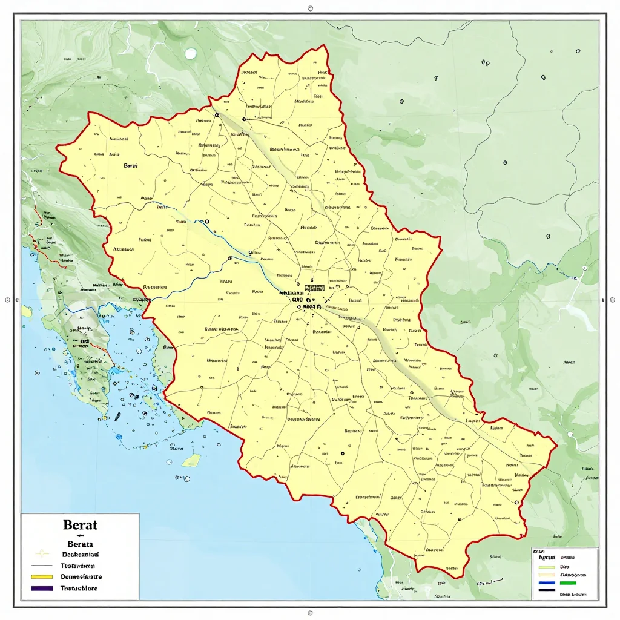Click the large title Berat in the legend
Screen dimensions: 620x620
tap(80, 525)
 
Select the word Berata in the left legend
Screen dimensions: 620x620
tap(81, 544)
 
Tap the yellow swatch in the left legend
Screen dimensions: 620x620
tap(42, 576)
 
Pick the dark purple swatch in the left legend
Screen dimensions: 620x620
tap(42, 589)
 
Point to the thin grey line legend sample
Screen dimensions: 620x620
tap(42, 565)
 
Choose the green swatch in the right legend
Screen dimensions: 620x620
tap(568, 583)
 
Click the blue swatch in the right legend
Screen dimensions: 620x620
tap(547, 583)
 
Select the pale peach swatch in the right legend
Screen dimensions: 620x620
tap(547, 575)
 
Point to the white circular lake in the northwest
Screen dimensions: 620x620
tap(191, 54)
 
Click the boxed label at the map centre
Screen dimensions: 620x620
tap(315, 288)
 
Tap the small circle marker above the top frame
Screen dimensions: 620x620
tap(310, 9)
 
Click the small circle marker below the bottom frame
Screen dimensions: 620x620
tap(310, 613)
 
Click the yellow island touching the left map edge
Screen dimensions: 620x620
tap(26, 311)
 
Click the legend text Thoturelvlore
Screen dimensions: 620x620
tap(79, 589)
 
